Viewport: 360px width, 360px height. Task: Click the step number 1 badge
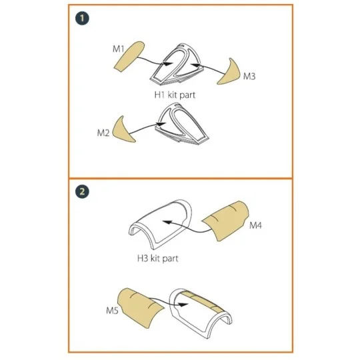(x=81, y=19)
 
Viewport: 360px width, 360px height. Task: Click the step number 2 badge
(x=81, y=192)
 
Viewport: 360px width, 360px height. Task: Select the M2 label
(x=103, y=133)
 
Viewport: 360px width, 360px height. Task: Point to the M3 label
(x=249, y=77)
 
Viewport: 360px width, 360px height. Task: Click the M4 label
(x=257, y=227)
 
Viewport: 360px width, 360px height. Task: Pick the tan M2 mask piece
(x=124, y=131)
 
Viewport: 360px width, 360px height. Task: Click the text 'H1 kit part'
(x=175, y=95)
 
